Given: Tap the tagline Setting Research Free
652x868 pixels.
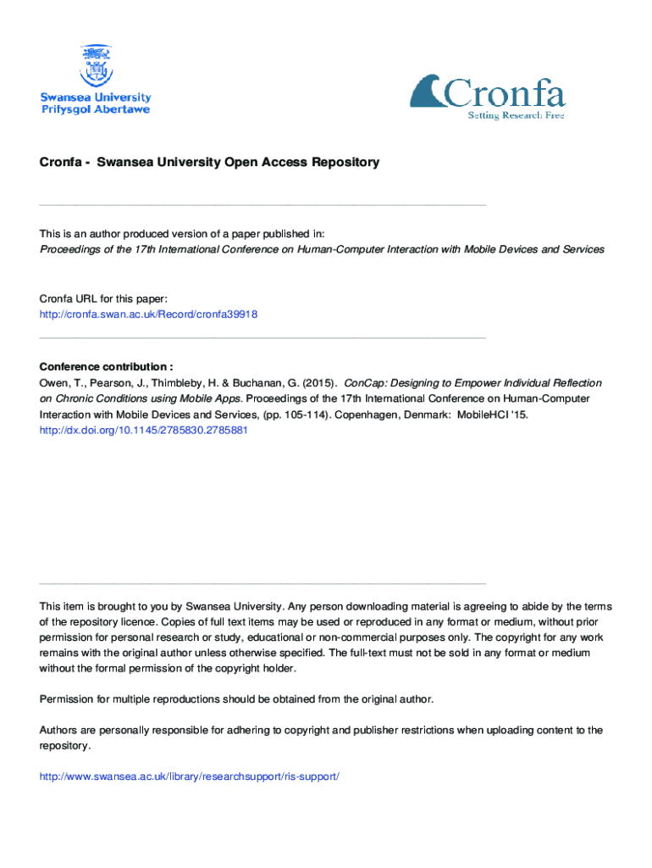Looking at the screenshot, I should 516,115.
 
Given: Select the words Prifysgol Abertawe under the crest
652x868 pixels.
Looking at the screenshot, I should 96,110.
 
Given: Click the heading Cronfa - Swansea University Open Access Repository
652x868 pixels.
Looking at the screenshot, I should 209,162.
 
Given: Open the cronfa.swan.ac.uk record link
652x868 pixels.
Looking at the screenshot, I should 148,314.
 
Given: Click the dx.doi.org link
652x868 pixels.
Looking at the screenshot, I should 143,430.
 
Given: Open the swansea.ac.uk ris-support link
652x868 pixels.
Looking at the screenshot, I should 190,776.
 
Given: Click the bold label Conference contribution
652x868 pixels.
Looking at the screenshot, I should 106,367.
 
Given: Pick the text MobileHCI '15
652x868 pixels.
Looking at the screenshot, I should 487,415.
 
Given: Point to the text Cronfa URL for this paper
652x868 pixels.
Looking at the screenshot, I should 104,298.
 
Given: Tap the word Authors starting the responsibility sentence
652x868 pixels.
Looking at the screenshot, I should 59,730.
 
